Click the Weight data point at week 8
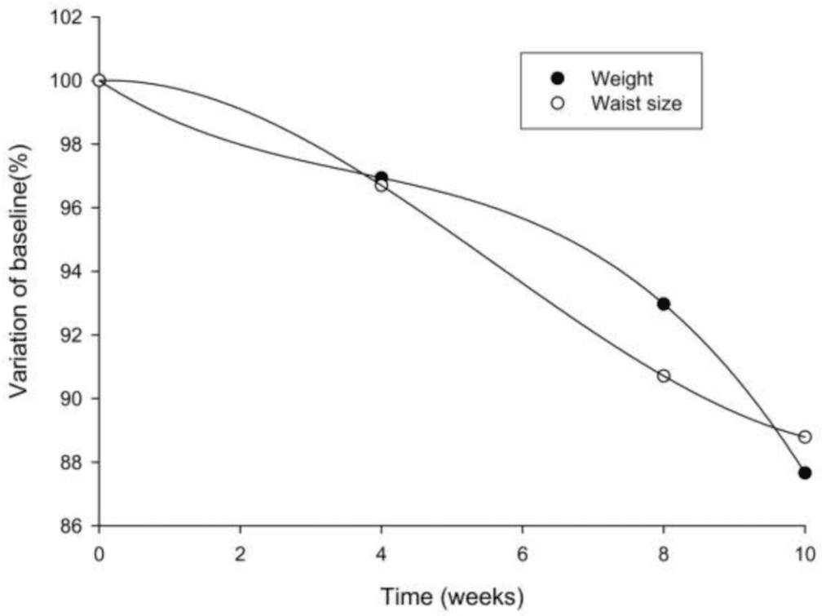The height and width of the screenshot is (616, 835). point(663,304)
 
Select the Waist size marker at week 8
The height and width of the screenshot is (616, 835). point(663,375)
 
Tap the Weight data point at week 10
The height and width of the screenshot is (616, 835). point(805,472)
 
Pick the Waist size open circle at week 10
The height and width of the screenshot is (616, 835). point(805,437)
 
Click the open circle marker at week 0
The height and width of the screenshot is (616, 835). point(99,80)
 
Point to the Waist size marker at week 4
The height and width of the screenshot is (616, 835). point(381,185)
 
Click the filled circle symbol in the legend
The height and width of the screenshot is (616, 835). point(558,78)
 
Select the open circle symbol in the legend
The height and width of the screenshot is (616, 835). point(558,104)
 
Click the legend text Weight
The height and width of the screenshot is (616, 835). point(622,78)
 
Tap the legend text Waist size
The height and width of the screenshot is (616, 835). point(636,104)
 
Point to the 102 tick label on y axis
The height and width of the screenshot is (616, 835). point(67,17)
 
